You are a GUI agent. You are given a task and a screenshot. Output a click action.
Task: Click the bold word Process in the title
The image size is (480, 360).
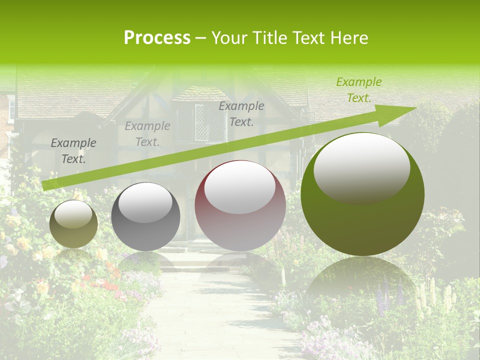(157, 38)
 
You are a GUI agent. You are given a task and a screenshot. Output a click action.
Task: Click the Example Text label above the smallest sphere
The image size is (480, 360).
(73, 151)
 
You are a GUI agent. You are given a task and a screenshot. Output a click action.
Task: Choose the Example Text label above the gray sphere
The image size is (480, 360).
(147, 134)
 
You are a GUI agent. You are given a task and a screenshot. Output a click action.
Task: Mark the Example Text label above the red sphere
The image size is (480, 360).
(241, 114)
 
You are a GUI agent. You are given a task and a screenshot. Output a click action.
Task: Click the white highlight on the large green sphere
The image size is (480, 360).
(362, 167)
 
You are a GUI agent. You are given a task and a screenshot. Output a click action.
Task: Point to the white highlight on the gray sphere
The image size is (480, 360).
(145, 202)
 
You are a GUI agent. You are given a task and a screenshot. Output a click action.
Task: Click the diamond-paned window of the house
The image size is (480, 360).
(202, 122)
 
